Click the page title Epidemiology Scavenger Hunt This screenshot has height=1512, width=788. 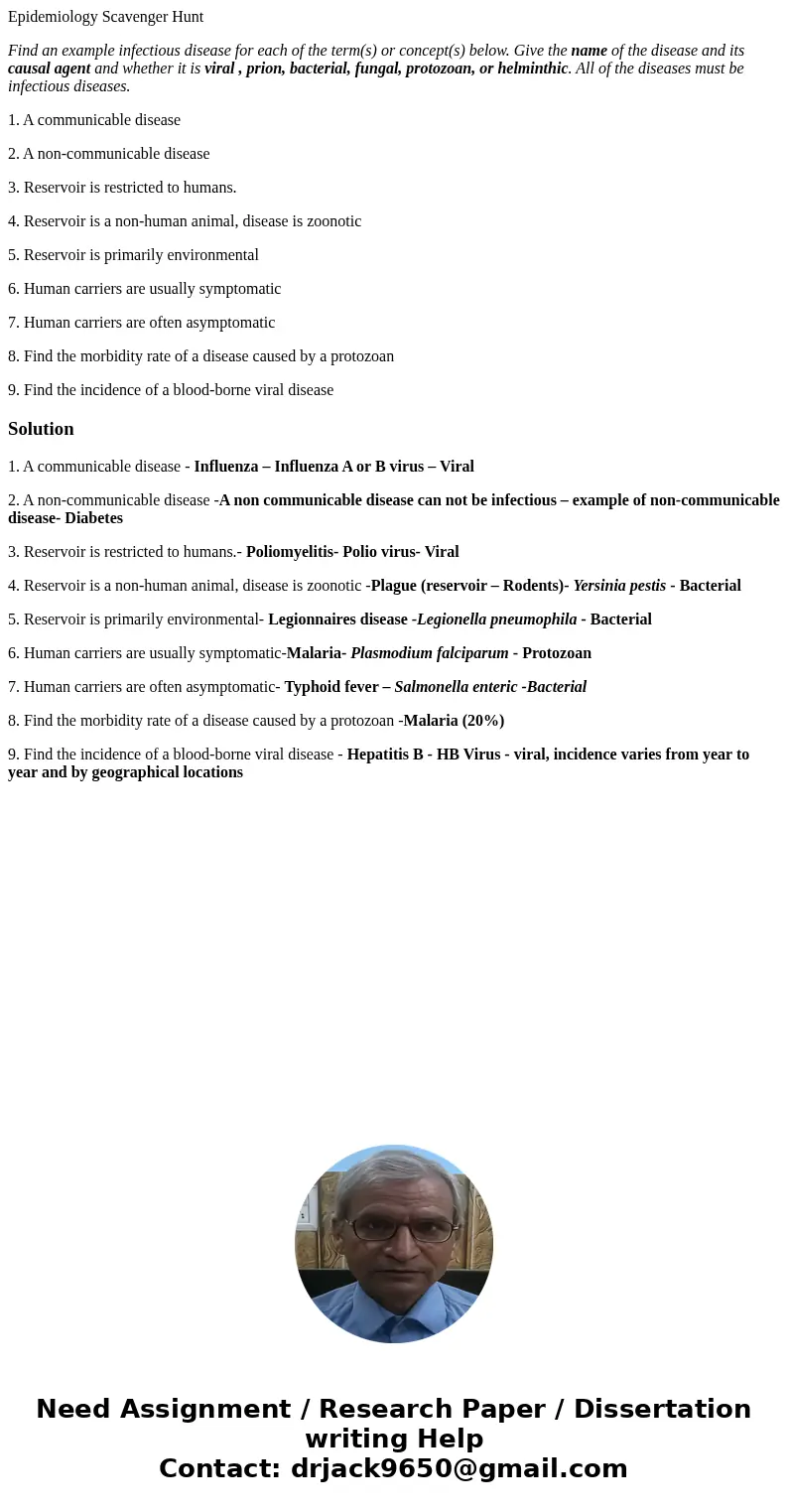coord(105,17)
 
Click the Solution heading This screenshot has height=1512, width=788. coord(41,429)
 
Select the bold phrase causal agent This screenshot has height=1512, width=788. coord(49,69)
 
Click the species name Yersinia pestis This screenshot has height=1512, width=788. coord(619,586)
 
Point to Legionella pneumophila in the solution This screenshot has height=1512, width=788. coord(496,619)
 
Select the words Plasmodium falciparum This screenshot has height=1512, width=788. coord(429,653)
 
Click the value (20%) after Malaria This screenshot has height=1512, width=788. coord(483,721)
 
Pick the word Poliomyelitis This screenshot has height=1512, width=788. coord(292,552)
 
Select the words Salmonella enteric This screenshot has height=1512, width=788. coord(456,687)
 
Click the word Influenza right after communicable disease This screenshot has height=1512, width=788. coord(230,467)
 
